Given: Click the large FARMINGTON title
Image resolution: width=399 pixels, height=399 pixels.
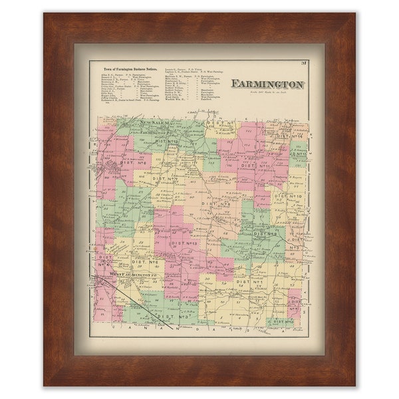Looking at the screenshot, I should point(267,84).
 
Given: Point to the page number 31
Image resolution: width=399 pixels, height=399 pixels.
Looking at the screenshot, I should point(302,64).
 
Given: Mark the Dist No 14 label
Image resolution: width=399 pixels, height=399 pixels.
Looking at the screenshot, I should point(290,137).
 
